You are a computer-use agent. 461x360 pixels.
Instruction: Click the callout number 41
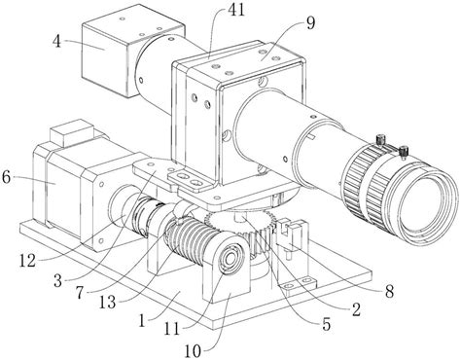pos(236,11)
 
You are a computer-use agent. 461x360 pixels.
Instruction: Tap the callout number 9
pos(311,23)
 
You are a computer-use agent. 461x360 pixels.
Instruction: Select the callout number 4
pos(57,42)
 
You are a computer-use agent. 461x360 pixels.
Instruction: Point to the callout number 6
pos(7,177)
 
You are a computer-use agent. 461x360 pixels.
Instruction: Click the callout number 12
pos(27,262)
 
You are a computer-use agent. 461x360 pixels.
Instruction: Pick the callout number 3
pos(57,281)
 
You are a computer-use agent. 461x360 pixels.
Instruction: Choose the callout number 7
pos(80,293)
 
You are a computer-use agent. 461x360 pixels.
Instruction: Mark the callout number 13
pos(107,303)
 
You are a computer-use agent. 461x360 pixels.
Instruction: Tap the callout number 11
pos(172,330)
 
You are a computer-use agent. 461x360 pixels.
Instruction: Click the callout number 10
pos(194,351)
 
